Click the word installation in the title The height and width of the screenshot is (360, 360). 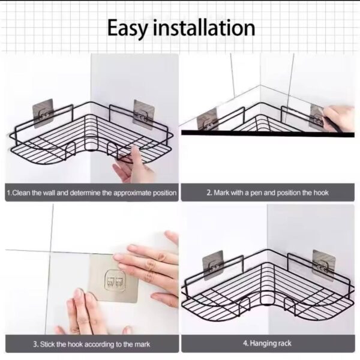205,28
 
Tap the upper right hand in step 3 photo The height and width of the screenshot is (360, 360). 150,264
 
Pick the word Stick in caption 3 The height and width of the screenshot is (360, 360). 50,344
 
